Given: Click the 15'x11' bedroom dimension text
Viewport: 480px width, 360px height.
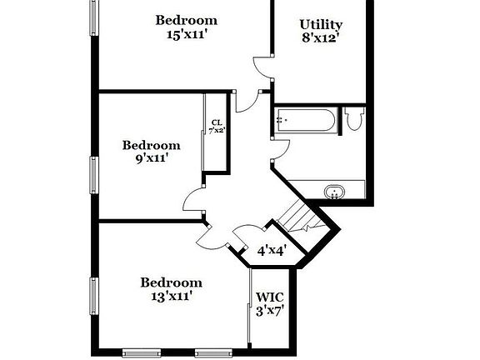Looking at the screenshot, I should (x=186, y=36).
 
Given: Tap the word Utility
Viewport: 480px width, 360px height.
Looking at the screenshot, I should (x=321, y=25).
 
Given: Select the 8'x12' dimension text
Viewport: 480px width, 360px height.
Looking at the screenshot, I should (x=321, y=38).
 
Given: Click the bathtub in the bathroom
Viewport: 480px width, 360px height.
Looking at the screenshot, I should (x=305, y=122).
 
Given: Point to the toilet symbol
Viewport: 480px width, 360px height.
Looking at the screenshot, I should (x=354, y=120).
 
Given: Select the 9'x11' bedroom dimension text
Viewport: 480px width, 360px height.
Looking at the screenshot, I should (x=151, y=158).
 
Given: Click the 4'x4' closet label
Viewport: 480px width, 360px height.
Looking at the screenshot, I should (x=272, y=249).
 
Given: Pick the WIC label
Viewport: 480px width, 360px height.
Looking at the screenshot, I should (x=269, y=297).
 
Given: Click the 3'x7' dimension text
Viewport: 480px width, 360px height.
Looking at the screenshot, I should (x=271, y=311).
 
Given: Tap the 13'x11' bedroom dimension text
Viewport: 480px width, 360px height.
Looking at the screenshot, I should (x=171, y=296).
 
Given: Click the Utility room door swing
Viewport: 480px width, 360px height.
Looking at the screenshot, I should (x=262, y=67).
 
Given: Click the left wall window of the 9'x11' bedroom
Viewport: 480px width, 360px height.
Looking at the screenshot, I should (x=93, y=172).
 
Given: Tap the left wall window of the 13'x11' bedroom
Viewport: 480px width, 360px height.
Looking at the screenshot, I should (x=93, y=296).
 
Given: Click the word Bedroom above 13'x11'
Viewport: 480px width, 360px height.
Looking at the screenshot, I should (x=171, y=282).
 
